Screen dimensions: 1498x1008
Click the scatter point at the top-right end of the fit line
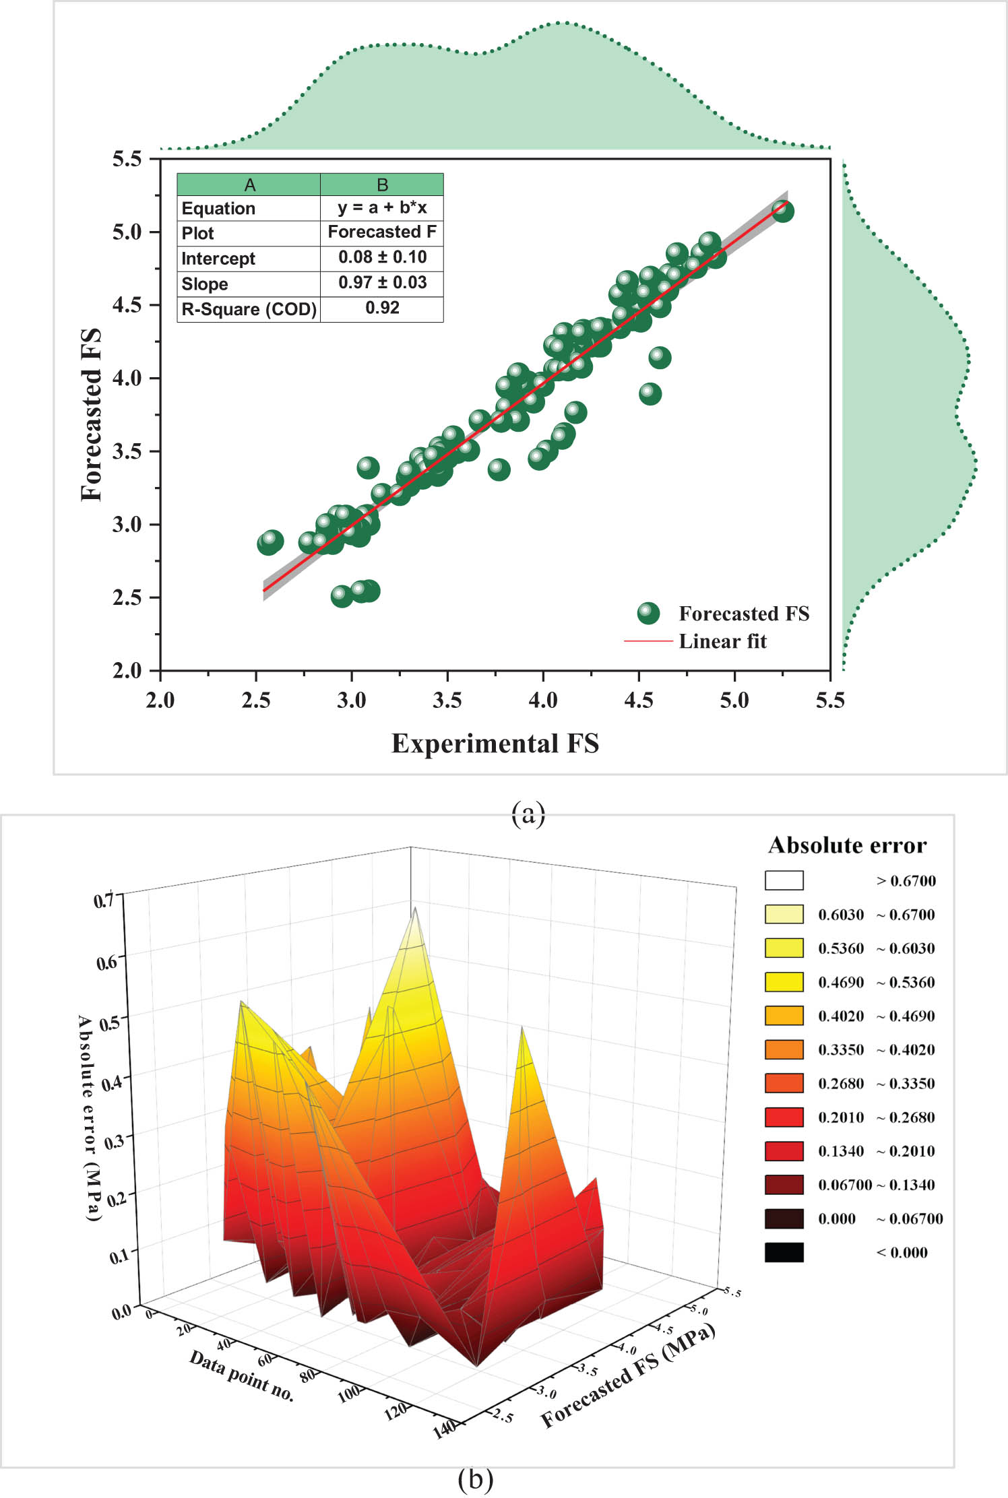pyautogui.click(x=782, y=211)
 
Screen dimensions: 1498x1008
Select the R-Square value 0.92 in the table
pyautogui.click(x=382, y=308)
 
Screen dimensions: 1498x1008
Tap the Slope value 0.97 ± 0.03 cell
pyautogui.click(x=382, y=283)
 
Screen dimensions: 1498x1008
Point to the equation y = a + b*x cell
pyautogui.click(x=382, y=207)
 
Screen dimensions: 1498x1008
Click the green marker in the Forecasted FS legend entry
pyautogui.click(x=648, y=613)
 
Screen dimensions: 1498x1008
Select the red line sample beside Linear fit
pyautogui.click(x=648, y=641)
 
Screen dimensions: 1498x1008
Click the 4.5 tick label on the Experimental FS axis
pyautogui.click(x=638, y=701)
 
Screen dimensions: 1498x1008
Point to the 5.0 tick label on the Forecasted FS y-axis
pyautogui.click(x=127, y=232)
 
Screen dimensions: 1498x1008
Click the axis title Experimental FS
pyautogui.click(x=495, y=744)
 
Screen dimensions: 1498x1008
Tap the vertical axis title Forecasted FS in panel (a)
pyautogui.click(x=91, y=414)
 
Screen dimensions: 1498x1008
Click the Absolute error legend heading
pyautogui.click(x=847, y=845)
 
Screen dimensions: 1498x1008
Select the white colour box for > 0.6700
pyautogui.click(x=784, y=880)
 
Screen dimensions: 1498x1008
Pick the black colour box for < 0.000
pyautogui.click(x=784, y=1252)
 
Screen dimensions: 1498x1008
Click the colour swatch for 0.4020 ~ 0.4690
pyautogui.click(x=784, y=1015)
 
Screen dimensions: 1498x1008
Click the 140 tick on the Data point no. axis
pyautogui.click(x=445, y=1429)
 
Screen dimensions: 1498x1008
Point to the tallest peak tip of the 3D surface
pyautogui.click(x=415, y=908)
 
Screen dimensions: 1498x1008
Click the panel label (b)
pyautogui.click(x=475, y=1480)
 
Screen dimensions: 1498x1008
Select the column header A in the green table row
pyautogui.click(x=249, y=185)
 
